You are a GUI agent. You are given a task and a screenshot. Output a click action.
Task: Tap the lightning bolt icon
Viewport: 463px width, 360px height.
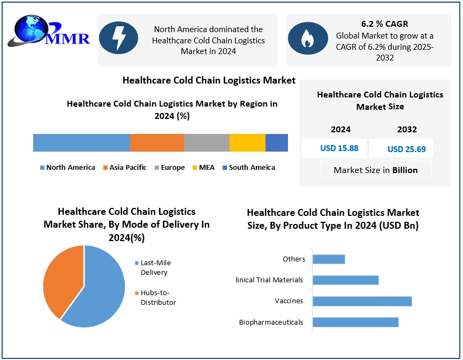(118, 39)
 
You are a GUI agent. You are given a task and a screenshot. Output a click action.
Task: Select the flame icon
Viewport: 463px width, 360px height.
(308, 39)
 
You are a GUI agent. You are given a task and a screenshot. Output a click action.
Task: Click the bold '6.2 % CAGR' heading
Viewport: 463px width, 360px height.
(385, 24)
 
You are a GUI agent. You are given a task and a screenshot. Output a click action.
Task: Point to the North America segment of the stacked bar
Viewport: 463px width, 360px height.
(81, 143)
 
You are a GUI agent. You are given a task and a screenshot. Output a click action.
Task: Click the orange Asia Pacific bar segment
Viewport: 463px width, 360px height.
(157, 143)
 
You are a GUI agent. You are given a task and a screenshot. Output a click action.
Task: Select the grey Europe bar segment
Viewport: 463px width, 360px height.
(207, 143)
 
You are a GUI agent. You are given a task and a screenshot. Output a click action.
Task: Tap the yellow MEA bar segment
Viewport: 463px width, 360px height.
(247, 143)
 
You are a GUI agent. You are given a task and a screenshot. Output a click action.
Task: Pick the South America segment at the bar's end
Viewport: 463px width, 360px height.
(277, 143)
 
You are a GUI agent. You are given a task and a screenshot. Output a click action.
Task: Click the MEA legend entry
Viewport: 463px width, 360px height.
(203, 168)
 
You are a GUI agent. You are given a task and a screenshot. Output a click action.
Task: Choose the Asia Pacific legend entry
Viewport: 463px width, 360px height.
(125, 168)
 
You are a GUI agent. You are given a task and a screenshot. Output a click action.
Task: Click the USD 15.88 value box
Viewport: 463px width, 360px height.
(339, 148)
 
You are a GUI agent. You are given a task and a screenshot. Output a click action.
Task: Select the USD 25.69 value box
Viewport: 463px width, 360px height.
(406, 149)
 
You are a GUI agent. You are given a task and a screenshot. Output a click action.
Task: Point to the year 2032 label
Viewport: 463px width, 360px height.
(407, 129)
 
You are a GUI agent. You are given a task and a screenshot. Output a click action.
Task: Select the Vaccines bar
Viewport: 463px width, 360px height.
(362, 301)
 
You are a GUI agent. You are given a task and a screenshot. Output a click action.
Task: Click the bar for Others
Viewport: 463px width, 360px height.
(329, 259)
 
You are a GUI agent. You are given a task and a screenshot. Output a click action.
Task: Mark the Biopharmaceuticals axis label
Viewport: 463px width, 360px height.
(271, 322)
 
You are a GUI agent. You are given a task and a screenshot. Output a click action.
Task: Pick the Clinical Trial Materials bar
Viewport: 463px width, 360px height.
(345, 280)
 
